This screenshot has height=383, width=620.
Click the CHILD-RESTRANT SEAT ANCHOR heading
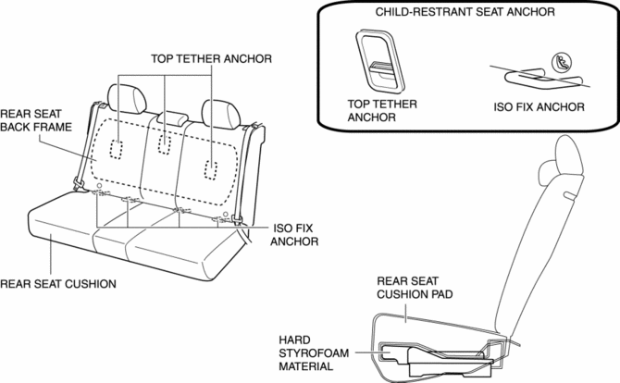pos(465,12)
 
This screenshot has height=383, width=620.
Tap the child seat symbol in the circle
pos(562,63)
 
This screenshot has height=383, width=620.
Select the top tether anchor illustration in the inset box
pos(380,60)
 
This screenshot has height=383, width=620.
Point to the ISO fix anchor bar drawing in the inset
pos(543,79)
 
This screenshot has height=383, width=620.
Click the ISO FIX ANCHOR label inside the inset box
pos(539,107)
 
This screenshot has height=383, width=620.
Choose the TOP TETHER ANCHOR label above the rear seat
pos(212,59)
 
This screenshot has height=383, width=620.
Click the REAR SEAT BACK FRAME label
pos(36,120)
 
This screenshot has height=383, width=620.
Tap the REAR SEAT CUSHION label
pos(58,284)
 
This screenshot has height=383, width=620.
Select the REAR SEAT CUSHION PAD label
pos(415,288)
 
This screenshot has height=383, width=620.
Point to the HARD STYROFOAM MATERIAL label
pos(314,353)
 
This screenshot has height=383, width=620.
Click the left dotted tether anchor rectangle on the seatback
pos(116,149)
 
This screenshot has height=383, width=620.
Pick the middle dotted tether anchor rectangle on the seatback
pos(164,144)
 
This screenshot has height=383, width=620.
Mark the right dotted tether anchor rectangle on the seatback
pos(211,170)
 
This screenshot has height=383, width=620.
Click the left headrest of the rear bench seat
pos(127,98)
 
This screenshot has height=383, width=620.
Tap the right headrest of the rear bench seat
pos(221,114)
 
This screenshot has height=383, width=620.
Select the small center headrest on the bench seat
pos(173,118)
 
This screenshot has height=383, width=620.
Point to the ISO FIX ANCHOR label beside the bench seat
pos(294,235)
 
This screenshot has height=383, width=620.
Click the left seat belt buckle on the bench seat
pos(79,184)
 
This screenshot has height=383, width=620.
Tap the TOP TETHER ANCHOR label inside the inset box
pos(382,111)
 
